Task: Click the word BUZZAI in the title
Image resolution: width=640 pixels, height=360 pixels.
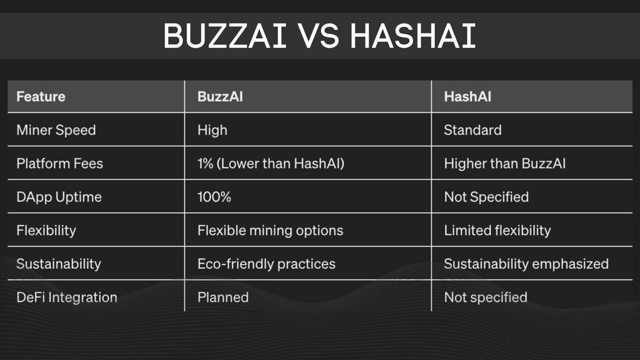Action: (x=225, y=37)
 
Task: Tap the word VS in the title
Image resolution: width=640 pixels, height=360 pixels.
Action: (x=318, y=37)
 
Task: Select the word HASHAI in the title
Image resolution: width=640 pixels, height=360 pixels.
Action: (x=413, y=37)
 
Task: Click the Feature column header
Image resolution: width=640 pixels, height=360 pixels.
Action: (x=41, y=97)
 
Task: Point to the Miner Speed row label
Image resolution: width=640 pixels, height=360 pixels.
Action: (x=56, y=130)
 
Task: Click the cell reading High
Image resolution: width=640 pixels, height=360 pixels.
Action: (x=212, y=130)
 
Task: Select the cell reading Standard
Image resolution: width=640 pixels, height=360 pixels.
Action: (x=473, y=130)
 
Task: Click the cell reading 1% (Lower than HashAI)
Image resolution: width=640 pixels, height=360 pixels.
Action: (x=271, y=164)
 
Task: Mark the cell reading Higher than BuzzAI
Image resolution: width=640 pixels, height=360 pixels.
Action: (x=505, y=164)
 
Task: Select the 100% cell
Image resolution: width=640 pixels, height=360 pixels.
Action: (x=214, y=197)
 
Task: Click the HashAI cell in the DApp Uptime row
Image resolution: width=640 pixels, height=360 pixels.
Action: (x=486, y=197)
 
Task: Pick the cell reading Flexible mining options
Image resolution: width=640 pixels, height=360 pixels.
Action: (x=270, y=230)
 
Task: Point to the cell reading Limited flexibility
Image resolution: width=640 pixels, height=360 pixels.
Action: (x=497, y=230)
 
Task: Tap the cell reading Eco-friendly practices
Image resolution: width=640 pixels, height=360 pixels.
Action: (x=267, y=263)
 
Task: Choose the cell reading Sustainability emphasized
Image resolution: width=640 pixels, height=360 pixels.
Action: (x=526, y=263)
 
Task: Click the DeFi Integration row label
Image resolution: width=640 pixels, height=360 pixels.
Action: (x=67, y=297)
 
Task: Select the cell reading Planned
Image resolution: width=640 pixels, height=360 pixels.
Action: (x=223, y=297)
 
